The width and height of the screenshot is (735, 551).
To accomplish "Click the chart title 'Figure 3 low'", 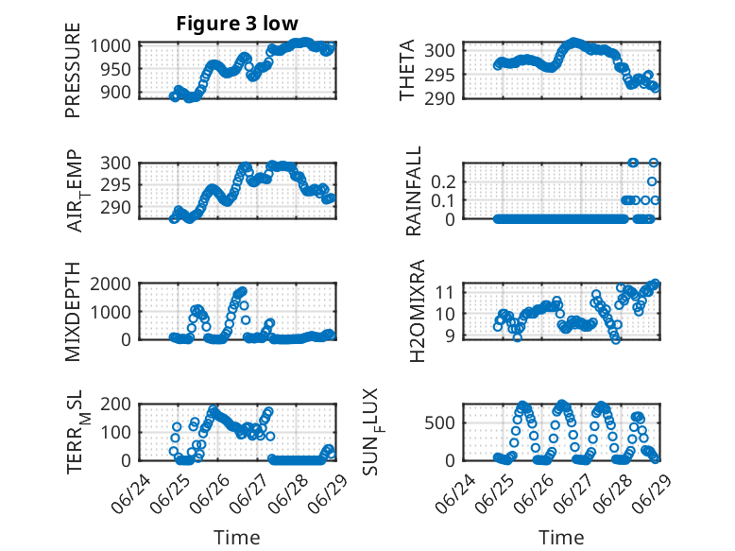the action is coord(237,24).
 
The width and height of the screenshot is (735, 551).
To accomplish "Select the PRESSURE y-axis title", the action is coord(73,70).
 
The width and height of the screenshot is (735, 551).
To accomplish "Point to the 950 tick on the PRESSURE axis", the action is coord(117,69).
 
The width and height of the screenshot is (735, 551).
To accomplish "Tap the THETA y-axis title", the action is coord(407,70).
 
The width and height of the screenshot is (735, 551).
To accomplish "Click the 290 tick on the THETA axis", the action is coord(439,99).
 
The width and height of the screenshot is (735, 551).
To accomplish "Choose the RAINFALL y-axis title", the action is coord(414,191).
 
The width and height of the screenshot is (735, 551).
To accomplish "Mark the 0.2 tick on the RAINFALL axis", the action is coord(443,182).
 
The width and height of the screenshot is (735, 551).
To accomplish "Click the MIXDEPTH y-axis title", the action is coord(73,312).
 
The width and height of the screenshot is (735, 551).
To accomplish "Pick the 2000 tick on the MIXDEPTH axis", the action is coord(111,284).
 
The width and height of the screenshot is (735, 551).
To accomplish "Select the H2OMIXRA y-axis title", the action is coord(417,311).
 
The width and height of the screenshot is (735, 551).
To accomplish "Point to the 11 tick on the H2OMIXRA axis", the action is coord(445,292).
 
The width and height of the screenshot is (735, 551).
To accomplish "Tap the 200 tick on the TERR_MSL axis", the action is coord(116,404).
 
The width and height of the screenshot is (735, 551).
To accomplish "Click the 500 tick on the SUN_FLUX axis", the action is coord(439,423).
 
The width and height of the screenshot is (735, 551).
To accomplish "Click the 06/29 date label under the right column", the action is coord(652,493).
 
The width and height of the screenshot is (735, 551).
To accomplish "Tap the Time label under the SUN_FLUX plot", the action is coord(561,538).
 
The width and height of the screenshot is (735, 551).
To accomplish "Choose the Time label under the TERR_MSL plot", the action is coord(237,538).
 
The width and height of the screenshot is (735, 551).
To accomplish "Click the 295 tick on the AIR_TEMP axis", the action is coord(116,185).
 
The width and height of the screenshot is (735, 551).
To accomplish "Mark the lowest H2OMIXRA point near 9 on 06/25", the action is coord(517,337).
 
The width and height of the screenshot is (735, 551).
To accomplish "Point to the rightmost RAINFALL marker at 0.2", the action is coord(652,181).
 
